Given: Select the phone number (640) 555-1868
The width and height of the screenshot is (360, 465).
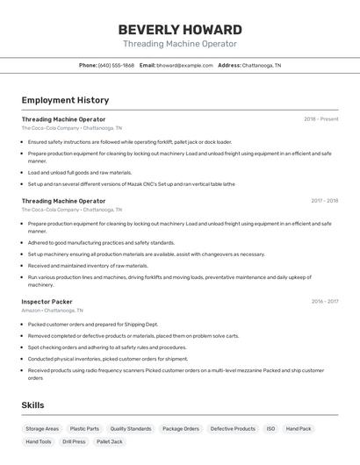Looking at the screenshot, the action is (116, 65).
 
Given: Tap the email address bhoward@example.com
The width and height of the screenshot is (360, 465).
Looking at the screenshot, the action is (184, 65).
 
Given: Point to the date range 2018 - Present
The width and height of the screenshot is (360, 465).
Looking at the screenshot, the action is (320, 119).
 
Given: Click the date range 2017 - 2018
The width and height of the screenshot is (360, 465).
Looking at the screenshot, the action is (324, 201).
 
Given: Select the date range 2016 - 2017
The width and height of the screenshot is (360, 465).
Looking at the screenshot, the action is (324, 302).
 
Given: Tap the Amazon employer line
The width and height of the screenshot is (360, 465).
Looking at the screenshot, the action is (53, 311).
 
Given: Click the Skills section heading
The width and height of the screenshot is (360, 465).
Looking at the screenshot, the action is (32, 405).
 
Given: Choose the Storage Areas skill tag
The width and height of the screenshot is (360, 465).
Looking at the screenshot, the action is (42, 429).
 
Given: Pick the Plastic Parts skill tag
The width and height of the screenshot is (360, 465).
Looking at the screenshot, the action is (84, 429).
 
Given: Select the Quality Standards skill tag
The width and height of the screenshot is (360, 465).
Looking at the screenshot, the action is (131, 429).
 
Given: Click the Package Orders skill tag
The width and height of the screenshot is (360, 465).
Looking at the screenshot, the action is (181, 429).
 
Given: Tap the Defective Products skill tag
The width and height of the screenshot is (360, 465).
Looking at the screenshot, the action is (233, 429).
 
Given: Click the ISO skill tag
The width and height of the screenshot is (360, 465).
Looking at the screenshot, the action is (271, 429).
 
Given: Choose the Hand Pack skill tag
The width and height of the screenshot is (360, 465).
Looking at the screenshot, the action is (299, 429).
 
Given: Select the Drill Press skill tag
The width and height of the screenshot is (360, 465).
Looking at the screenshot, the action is (74, 441).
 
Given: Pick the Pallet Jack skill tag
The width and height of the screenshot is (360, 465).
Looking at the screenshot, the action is (110, 441).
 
